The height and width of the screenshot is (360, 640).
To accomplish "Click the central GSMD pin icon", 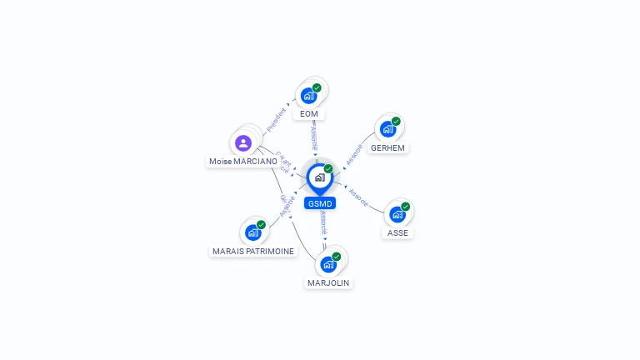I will click(319, 177).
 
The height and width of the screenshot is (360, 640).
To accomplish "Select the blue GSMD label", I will click(320, 203).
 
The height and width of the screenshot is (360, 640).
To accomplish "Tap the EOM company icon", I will click(309, 95).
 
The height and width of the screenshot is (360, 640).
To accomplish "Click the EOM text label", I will click(309, 114).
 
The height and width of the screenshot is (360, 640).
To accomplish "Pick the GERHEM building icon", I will click(387, 129).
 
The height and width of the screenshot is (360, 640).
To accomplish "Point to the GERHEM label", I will click(387, 148).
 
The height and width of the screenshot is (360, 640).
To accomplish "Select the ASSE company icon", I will click(397, 214).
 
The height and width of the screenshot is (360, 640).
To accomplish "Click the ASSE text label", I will click(398, 233).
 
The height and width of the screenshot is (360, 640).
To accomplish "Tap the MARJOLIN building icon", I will click(328, 264).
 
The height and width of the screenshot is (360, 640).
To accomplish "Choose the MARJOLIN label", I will click(328, 283).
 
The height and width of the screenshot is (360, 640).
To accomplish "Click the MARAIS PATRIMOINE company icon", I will click(252, 232).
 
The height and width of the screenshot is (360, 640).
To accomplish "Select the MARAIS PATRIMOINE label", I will click(253, 251).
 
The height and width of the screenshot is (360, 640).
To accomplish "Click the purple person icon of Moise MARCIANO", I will click(243, 143).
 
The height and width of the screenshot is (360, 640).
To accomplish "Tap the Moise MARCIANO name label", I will click(243, 162).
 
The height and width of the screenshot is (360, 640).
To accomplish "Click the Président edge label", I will click(276, 119).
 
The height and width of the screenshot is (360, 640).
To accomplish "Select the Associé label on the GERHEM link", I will click(354, 152).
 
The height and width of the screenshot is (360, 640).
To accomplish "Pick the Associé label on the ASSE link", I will click(358, 197).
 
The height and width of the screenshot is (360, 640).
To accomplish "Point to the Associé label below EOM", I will click(313, 137).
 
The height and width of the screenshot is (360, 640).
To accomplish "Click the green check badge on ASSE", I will click(406, 207).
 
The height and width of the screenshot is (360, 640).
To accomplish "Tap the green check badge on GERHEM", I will click(396, 122).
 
